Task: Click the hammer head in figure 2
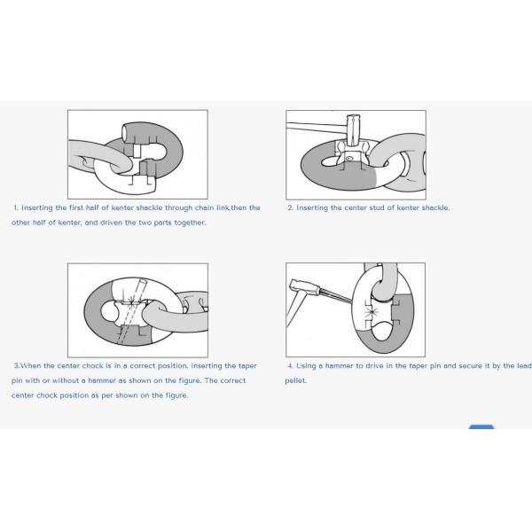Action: tap(353, 130)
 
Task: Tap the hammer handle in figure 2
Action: tap(317, 127)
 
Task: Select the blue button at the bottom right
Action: tap(481, 426)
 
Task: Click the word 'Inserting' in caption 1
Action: tap(37, 207)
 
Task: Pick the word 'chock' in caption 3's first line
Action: tap(92, 365)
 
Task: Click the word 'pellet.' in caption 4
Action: tap(296, 380)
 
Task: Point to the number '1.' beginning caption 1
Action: tap(16, 207)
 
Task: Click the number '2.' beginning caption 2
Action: tap(291, 207)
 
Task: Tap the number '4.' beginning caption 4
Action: tap(291, 365)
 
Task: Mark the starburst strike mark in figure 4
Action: tap(372, 312)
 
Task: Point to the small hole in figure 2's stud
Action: tap(348, 158)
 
